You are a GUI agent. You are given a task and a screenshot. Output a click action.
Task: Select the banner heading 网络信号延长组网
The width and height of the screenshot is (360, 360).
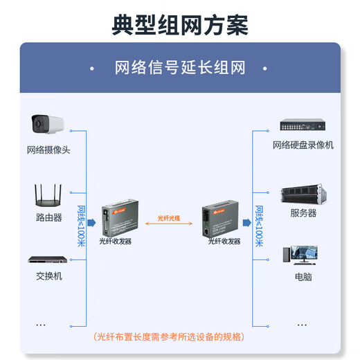180,68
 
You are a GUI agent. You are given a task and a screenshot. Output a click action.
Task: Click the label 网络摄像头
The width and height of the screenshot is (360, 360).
48,150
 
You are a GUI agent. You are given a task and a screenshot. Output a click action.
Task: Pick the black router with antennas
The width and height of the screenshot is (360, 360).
48,196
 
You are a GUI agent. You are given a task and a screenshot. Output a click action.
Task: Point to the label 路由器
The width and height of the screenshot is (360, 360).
48,217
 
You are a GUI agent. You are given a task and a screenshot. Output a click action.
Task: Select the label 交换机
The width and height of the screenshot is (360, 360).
48,276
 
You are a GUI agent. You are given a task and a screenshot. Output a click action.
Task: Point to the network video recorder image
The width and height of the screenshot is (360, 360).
303,125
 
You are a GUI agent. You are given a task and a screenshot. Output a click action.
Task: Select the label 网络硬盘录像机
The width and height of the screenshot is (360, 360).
303,145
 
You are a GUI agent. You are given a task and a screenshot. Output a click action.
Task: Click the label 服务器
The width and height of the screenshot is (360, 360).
303,213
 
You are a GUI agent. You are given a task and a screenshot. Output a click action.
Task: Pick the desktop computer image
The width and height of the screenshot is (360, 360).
303,255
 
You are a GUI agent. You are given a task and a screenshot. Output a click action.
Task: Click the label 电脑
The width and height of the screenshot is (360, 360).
303,276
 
